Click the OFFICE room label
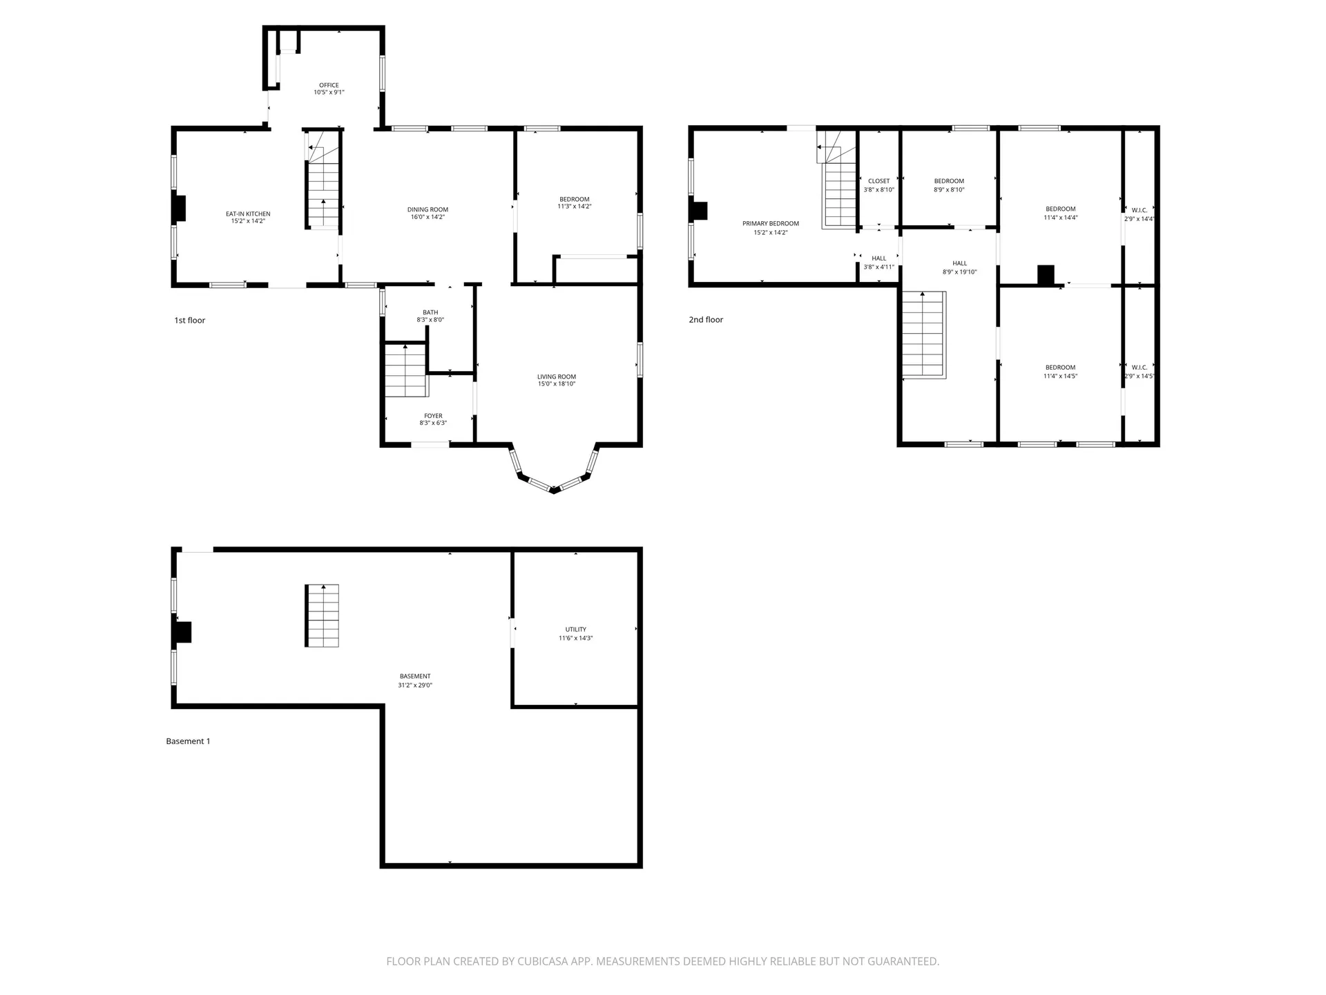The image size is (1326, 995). pos(329,86)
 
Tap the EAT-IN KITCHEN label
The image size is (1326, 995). pos(248,214)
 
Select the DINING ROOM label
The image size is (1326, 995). pos(427,209)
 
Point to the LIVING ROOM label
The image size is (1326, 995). pos(557,377)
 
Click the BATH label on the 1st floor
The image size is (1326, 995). pos(430,312)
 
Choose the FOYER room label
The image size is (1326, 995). pos(433,416)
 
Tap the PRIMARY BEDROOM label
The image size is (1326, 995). pos(771,224)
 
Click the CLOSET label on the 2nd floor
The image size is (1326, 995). pos(879,181)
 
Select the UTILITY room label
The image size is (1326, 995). pos(576,629)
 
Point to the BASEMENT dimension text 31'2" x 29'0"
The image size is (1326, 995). pos(415,685)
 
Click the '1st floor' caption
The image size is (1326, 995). pos(190,321)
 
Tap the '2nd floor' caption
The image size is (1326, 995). pos(706,320)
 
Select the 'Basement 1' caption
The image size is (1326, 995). pos(188,741)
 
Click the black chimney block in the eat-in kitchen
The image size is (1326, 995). pos(179,209)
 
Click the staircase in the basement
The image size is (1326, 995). pos(322,616)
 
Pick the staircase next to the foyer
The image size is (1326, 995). pos(406,370)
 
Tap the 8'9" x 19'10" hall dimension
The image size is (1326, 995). pos(959,272)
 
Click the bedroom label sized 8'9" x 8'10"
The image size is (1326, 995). pos(949,181)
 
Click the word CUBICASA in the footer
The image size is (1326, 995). pos(545,961)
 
